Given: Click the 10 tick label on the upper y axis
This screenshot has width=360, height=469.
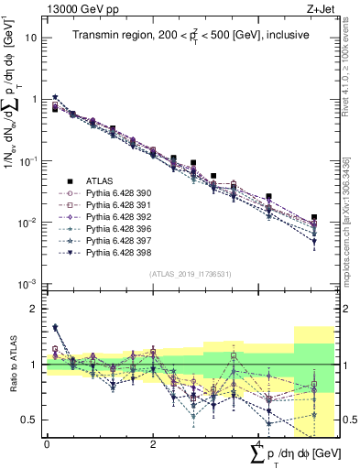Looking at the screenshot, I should coord(29,38).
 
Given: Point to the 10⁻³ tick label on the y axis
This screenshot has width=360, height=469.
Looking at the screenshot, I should coord(27,283).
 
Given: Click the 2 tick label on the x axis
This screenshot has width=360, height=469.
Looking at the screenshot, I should coord(152,443).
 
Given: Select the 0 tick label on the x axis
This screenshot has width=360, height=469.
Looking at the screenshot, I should coord(47,443).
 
